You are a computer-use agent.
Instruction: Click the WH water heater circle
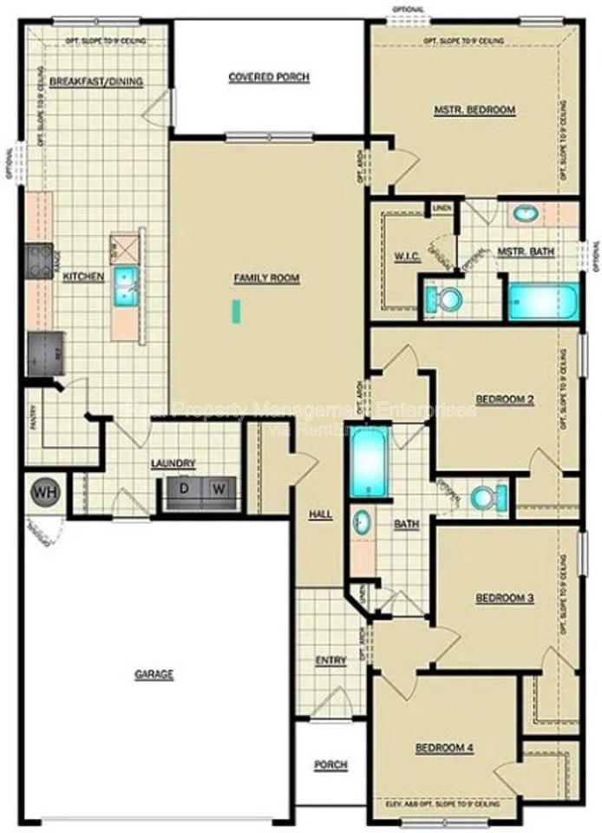43,493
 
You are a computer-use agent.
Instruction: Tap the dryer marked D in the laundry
183,489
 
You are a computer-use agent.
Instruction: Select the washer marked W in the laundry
219,489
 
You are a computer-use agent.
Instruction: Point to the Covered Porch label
269,77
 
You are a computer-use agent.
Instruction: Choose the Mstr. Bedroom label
475,110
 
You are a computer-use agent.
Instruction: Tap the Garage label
154,674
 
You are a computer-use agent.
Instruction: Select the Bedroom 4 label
443,748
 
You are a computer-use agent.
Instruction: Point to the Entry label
330,660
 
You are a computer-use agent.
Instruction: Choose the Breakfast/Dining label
96,82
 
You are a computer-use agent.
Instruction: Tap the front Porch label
330,764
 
